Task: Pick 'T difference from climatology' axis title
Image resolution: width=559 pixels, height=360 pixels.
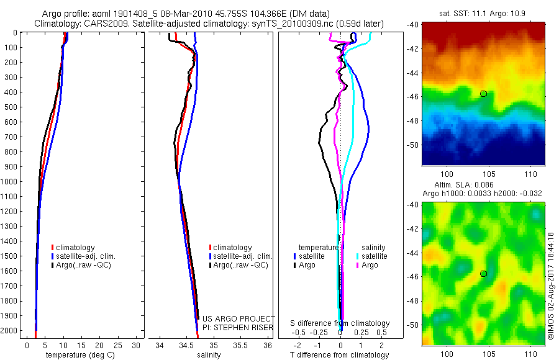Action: [340, 355]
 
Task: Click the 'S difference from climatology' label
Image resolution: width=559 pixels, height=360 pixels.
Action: [340, 323]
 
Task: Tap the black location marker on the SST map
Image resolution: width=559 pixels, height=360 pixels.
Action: [483, 94]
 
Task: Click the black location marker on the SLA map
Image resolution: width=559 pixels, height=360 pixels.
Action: [483, 273]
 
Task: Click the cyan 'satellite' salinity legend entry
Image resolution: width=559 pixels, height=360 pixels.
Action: [372, 256]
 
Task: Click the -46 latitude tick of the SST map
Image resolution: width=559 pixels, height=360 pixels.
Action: [413, 96]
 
